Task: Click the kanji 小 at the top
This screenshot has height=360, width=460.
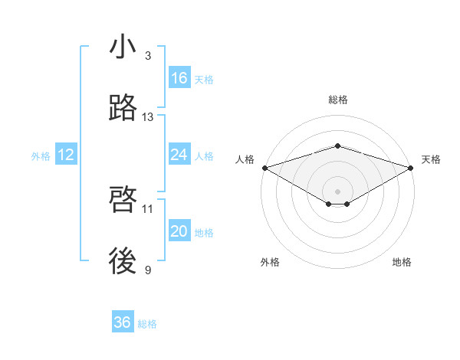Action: (x=123, y=47)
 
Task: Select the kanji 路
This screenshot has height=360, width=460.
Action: (x=123, y=109)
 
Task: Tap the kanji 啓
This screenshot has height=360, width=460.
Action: (x=123, y=200)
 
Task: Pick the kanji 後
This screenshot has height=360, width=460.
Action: (x=123, y=261)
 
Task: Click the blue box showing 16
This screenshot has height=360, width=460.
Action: (x=179, y=78)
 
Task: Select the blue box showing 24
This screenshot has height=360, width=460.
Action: (x=179, y=155)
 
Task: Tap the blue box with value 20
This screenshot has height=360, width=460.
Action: (x=179, y=231)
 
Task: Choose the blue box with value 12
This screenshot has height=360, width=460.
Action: (x=66, y=155)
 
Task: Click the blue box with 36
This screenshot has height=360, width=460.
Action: (x=123, y=322)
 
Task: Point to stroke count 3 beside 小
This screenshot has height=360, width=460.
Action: (x=148, y=56)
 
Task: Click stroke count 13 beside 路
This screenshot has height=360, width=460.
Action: (x=148, y=117)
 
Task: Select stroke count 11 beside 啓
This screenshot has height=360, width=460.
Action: (x=148, y=208)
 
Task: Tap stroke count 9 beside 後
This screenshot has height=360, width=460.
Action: (x=148, y=270)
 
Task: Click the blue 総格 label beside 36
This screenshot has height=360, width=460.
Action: (x=147, y=324)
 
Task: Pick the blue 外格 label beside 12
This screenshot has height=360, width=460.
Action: (x=41, y=156)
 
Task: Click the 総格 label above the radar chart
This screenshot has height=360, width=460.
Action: (x=337, y=100)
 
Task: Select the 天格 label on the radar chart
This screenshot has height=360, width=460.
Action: (x=432, y=159)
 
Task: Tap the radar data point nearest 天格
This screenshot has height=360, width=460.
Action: (x=411, y=168)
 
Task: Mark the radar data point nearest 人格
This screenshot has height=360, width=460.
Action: (x=264, y=168)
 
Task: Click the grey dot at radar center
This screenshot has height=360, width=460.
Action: (x=337, y=191)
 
